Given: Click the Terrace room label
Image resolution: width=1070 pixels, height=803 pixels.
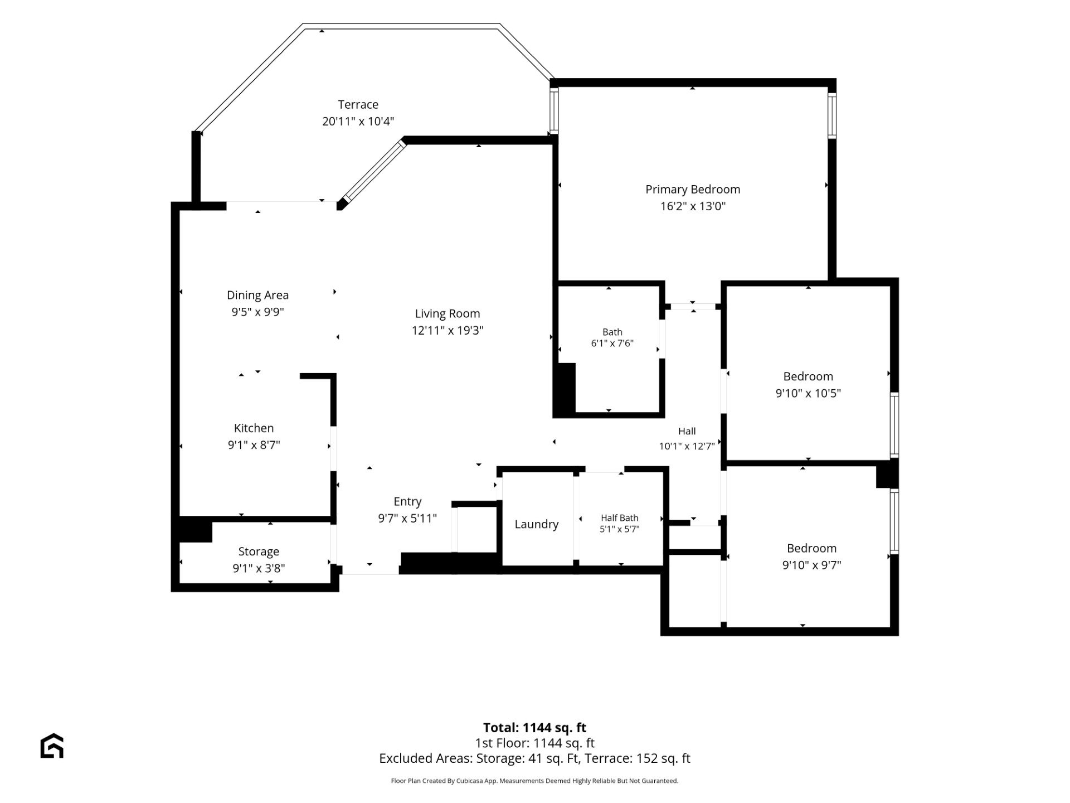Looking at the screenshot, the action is coord(358,105).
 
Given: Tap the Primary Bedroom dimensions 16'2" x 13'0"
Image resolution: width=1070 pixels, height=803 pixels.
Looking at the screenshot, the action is coord(693,206).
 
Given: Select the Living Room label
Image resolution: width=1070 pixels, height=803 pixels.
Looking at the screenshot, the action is coord(447,314).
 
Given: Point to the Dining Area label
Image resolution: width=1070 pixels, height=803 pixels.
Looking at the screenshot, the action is coord(257,296).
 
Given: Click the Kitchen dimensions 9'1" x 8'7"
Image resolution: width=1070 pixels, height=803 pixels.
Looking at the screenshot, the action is coord(254,445).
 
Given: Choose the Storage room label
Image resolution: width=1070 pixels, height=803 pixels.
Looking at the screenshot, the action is coord(259,552).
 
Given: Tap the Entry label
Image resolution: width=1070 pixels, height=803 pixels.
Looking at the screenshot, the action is coord(407,502).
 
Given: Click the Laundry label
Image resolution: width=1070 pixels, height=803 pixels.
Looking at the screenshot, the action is coord(536,525).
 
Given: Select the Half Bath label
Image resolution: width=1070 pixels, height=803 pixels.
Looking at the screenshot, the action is coord(619,518).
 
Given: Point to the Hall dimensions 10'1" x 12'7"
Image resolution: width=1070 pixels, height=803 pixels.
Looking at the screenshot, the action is coord(687,446).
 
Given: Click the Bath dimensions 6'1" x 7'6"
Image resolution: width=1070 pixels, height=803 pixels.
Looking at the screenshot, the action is coord(612,344).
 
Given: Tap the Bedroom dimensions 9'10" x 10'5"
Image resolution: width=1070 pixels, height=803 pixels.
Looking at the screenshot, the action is coord(808,393).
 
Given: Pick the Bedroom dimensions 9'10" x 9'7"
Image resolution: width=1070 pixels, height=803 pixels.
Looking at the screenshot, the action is coord(811,565).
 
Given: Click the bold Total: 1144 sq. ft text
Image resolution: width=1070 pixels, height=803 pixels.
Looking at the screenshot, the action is coord(534,728).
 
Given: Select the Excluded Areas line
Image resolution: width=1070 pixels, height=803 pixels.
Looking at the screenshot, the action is coord(534,758).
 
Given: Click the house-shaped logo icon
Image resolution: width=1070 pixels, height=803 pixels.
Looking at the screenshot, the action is coord(52,746).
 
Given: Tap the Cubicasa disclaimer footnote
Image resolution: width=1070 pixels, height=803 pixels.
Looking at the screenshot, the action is coord(534,781).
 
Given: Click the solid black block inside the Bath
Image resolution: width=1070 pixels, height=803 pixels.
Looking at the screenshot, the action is coord(565,389).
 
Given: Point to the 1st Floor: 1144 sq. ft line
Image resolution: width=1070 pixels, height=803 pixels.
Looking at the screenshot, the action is coord(534,743).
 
